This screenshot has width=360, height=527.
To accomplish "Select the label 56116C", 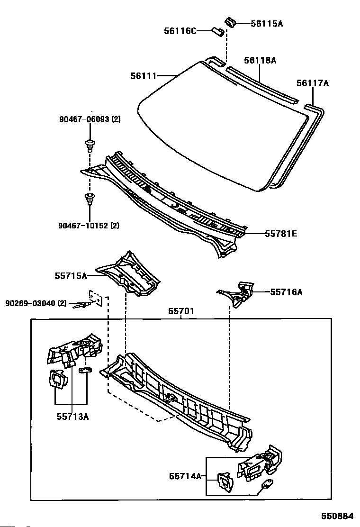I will click(x=180, y=31).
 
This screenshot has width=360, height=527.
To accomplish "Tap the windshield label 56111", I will click(x=144, y=75).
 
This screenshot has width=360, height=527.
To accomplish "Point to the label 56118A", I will click(x=260, y=60).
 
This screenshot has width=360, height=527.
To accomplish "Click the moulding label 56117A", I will click(x=313, y=83).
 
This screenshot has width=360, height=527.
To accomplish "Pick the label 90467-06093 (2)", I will click(x=90, y=119).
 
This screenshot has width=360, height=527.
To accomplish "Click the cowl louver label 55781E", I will click(x=281, y=234).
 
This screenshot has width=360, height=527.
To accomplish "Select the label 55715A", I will click(x=71, y=275).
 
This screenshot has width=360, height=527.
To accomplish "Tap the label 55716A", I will click(x=286, y=292).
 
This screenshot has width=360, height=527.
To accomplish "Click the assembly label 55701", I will click(x=181, y=312).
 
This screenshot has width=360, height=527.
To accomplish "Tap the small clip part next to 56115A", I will click(x=231, y=22).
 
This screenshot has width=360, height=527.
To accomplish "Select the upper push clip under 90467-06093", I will click(x=89, y=143).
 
